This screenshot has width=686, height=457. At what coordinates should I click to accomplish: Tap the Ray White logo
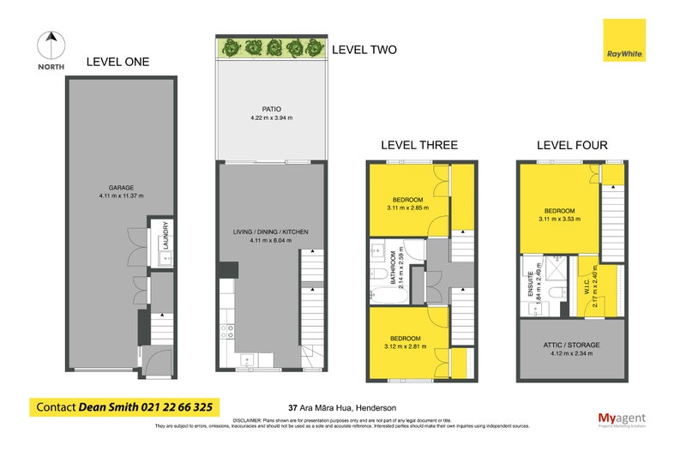(x=623, y=39)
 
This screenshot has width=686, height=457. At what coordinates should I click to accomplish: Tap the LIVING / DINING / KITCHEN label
(x=271, y=232)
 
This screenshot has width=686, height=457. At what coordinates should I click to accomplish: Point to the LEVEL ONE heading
(x=117, y=62)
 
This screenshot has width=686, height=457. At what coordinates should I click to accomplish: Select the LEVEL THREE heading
(x=421, y=145)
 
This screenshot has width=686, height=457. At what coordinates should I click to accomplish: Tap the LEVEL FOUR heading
(x=571, y=145)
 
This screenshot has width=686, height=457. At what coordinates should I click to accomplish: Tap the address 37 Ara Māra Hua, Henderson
(x=342, y=407)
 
